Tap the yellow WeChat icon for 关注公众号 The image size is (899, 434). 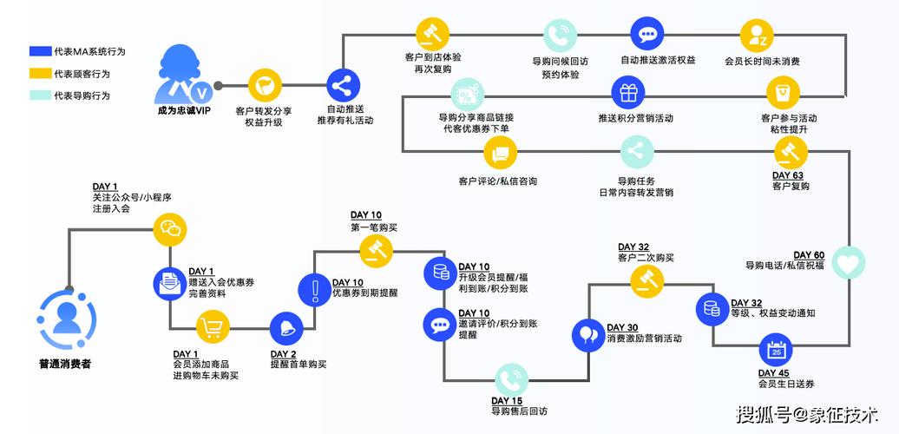click(170, 230)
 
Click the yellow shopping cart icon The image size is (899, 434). click(213, 328)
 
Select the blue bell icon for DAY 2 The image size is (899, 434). click(287, 328)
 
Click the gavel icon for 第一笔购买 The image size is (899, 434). click(377, 252)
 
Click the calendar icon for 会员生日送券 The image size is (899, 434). click(777, 352)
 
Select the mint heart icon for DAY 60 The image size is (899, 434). click(847, 262)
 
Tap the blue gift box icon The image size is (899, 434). click(628, 92)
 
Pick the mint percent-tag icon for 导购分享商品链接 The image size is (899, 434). click(466, 94)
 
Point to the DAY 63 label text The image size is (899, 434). click(787, 175)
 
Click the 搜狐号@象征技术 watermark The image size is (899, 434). click(806, 413)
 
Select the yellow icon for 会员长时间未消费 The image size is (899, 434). click(757, 36)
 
